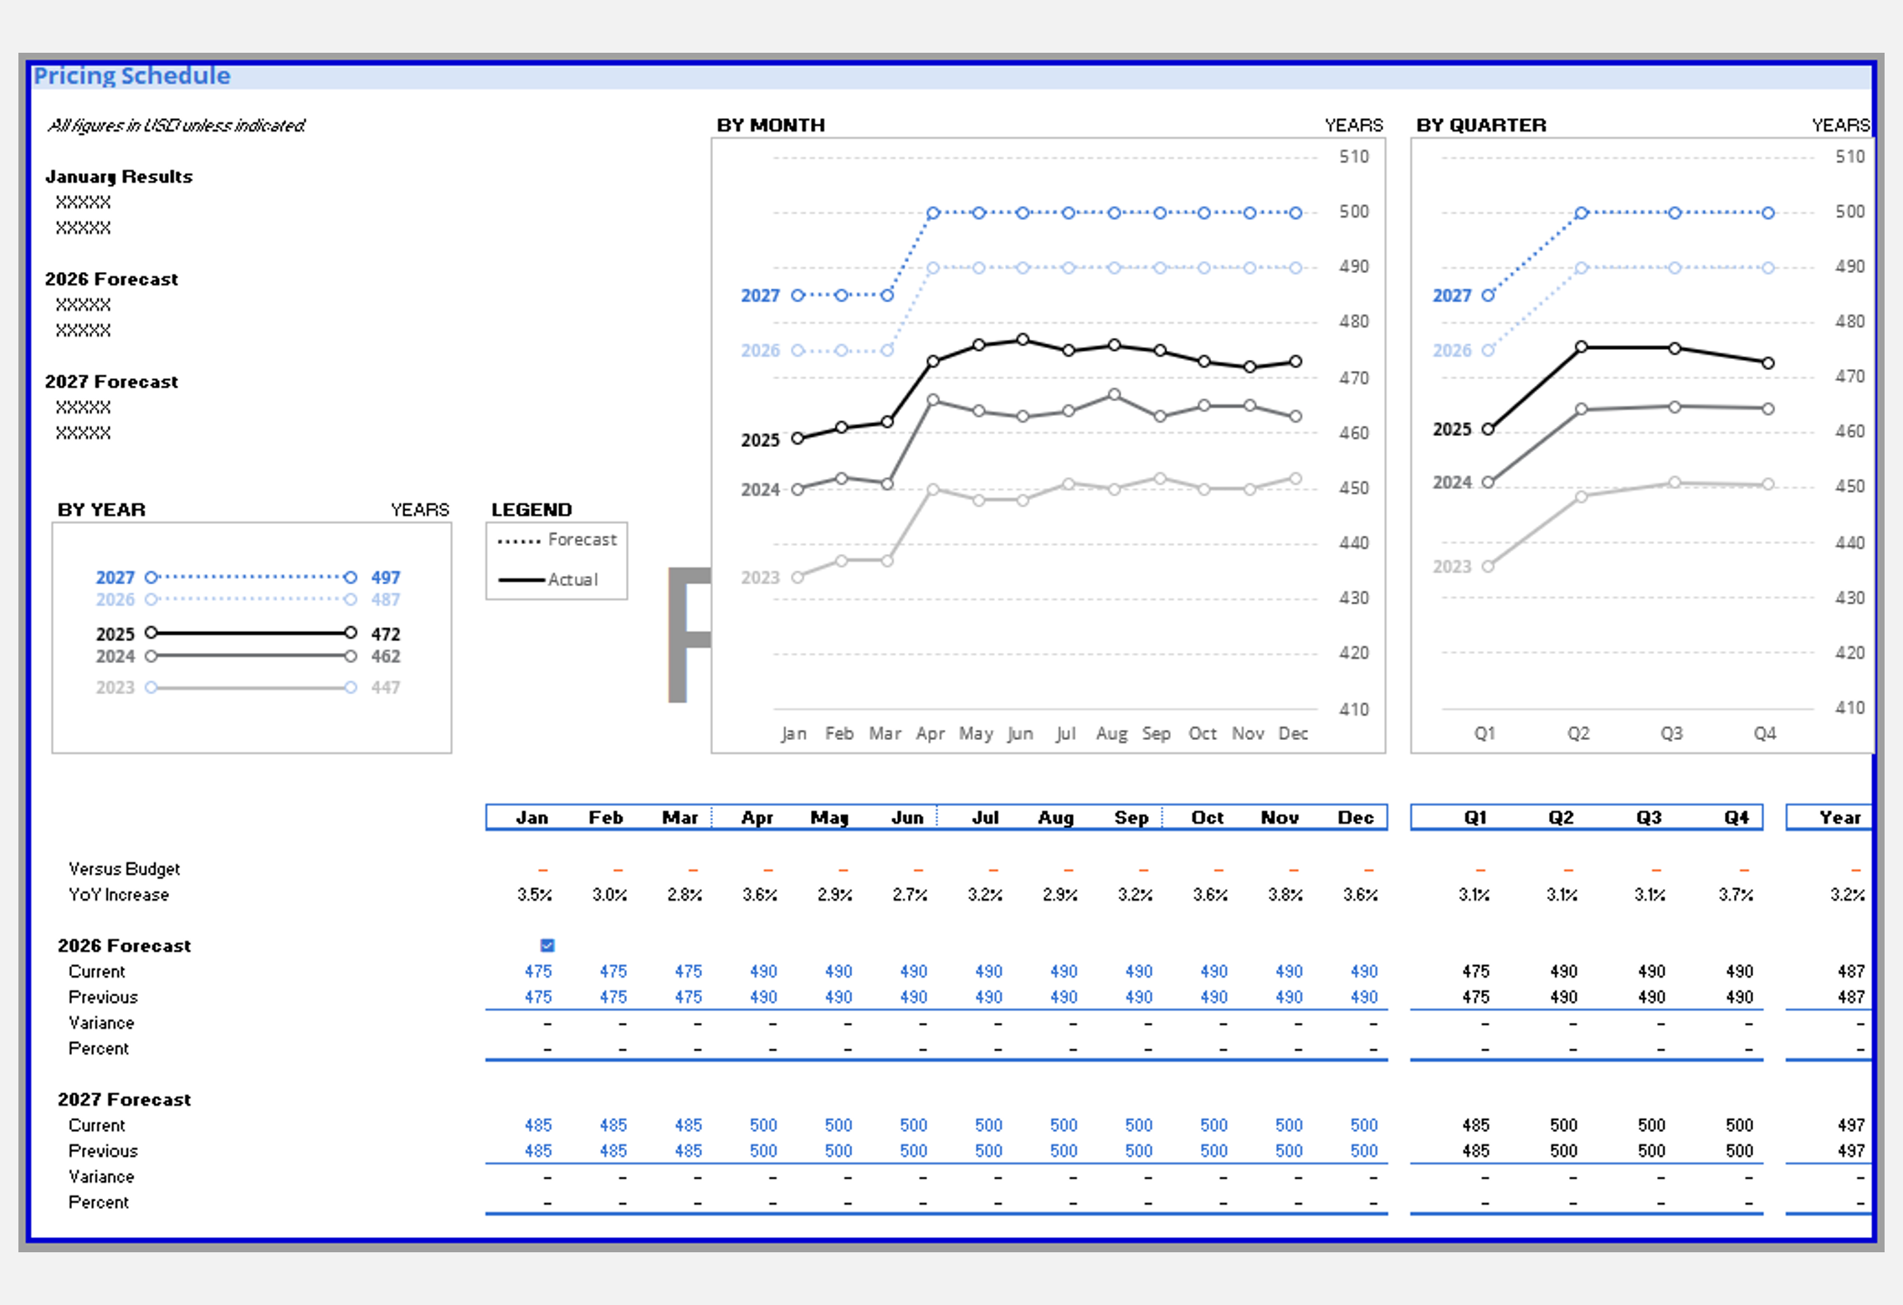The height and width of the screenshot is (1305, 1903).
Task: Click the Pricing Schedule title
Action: tap(131, 75)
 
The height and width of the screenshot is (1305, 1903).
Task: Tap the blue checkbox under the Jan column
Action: tap(547, 945)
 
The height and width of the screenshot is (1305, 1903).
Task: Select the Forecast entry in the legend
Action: tap(582, 540)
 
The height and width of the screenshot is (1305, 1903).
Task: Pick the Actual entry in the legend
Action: tap(572, 579)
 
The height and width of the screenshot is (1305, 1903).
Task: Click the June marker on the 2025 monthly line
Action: tap(1023, 340)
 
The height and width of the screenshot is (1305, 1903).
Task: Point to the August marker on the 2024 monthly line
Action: tap(1114, 394)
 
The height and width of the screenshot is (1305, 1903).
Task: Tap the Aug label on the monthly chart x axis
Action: tap(1111, 734)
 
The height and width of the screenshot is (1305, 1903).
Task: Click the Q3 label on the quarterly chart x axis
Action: tap(1671, 734)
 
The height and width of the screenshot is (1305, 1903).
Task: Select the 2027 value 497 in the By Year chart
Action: tap(386, 578)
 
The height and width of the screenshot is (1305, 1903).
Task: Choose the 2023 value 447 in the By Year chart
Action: tap(386, 687)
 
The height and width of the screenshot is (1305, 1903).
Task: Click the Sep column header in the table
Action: tap(1131, 818)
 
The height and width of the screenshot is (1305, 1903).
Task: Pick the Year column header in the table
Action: tap(1839, 818)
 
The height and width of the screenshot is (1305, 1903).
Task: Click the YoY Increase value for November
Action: tap(1285, 895)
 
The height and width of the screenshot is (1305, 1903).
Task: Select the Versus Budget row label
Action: tap(124, 869)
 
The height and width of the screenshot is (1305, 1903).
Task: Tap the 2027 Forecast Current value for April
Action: tap(763, 1125)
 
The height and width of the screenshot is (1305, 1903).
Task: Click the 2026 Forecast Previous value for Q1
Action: tap(1475, 997)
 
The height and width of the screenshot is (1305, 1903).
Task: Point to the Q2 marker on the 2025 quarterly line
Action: tap(1582, 347)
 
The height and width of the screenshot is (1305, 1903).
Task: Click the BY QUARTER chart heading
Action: tap(1481, 125)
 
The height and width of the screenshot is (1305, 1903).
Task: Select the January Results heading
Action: tap(119, 177)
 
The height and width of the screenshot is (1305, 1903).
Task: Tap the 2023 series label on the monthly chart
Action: tap(760, 578)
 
